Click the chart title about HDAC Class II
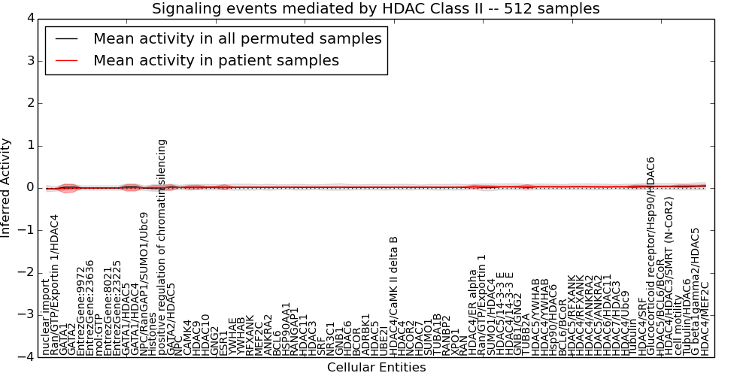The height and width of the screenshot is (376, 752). click(x=375, y=9)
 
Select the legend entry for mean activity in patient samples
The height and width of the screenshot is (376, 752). click(x=216, y=60)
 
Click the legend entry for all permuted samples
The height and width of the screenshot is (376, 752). click(x=237, y=39)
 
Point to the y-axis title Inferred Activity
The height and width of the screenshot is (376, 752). click(x=6, y=187)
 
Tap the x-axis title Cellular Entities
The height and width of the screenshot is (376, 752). click(x=376, y=368)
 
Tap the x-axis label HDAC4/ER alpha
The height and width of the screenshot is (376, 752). click(x=473, y=311)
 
